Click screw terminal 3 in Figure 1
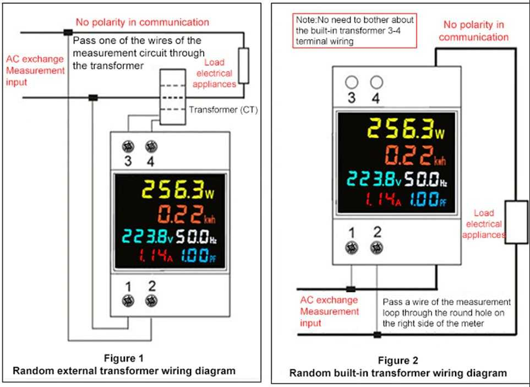[x=128, y=147]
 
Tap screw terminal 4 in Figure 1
[x=150, y=147]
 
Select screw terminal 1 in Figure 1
[x=128, y=300]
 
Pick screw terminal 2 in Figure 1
[x=150, y=300]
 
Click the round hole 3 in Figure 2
[x=351, y=83]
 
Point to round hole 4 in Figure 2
[x=376, y=83]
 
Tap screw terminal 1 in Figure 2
[x=351, y=248]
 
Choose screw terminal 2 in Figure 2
[x=376, y=248]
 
